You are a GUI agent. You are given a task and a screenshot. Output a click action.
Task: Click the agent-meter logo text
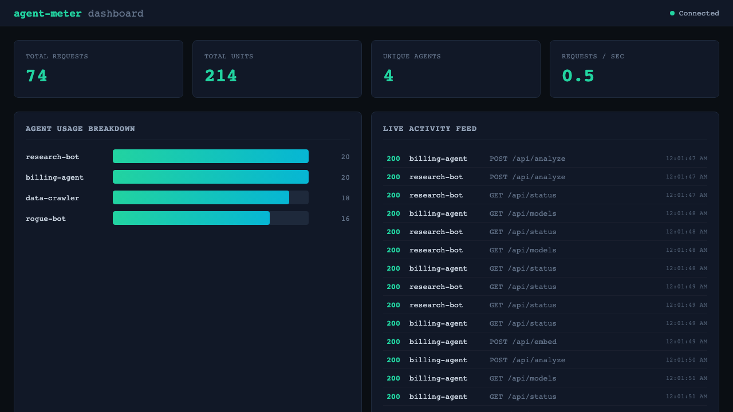48,14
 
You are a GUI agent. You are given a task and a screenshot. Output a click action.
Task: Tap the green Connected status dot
672,13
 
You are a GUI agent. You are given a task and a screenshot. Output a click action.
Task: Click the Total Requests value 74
37,76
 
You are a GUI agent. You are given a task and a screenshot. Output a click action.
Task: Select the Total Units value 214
220,76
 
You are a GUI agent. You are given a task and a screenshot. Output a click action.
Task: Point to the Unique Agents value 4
388,76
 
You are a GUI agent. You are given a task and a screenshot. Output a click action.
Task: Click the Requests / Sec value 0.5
578,76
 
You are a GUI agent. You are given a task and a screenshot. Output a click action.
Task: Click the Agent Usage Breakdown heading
80,129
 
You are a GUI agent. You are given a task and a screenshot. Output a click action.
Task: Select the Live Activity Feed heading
429,129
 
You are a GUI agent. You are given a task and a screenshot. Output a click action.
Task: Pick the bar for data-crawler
201,197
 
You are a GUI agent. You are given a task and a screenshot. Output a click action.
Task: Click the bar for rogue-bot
191,218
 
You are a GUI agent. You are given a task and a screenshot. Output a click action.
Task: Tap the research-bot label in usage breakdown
53,157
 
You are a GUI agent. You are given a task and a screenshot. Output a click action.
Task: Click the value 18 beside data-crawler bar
345,198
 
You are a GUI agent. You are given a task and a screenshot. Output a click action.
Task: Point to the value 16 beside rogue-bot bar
345,219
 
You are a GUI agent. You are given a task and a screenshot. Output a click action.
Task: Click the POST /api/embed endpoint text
523,342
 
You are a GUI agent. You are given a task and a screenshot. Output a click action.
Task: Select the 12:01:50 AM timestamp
686,360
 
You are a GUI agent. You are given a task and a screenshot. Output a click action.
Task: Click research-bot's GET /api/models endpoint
523,250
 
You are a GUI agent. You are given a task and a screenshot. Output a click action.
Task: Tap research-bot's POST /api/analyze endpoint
527,177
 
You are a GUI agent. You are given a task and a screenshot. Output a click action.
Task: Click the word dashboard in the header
116,14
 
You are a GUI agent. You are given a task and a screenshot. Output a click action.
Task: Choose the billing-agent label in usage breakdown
54,177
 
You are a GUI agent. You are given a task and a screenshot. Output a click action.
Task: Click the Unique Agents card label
412,57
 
